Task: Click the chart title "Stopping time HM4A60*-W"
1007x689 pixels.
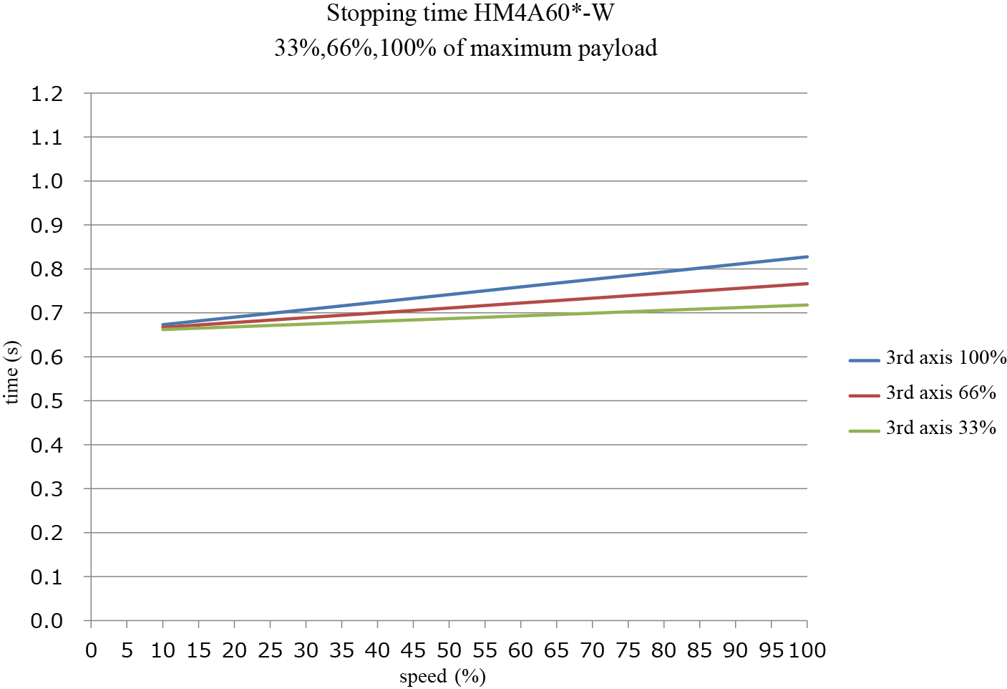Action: point(470,14)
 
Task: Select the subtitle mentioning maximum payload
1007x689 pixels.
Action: point(466,48)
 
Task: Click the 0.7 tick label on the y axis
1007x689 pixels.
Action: point(47,313)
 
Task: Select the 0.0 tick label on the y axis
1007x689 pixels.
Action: point(47,621)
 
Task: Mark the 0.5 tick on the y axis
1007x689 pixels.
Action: point(47,401)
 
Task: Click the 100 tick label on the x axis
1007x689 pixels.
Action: point(807,650)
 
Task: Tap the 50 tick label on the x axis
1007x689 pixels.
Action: point(449,650)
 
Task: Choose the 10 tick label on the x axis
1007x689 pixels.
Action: point(163,650)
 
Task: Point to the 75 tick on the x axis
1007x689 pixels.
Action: point(628,650)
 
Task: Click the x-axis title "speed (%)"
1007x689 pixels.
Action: point(443,676)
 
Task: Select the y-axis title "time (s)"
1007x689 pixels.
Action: point(12,372)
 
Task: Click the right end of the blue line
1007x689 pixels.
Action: point(807,256)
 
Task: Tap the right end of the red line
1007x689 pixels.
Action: point(807,284)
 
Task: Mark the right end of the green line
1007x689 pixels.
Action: point(807,305)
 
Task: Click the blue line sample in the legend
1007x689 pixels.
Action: point(864,361)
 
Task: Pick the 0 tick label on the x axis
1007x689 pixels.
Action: point(91,650)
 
